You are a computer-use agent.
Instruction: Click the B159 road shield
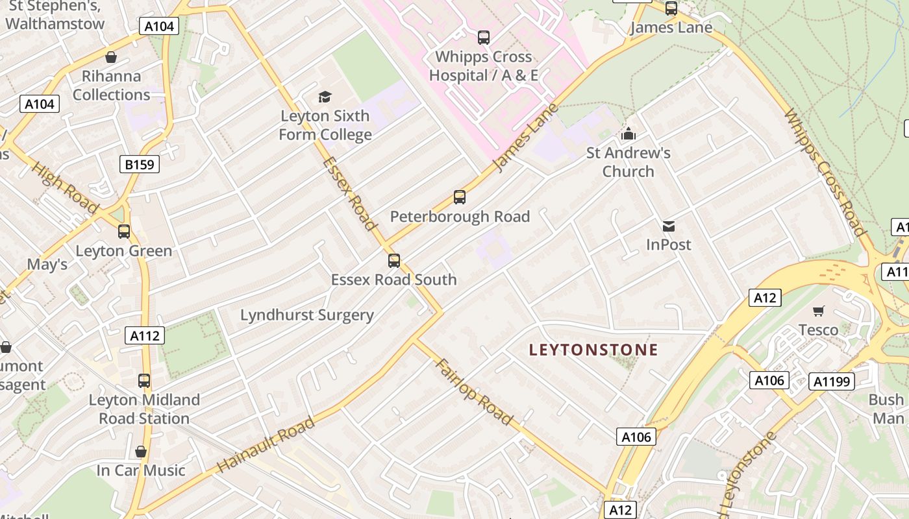pyautogui.click(x=140, y=164)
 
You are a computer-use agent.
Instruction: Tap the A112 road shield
pyautogui.click(x=144, y=335)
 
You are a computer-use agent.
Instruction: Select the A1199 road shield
pyautogui.click(x=832, y=381)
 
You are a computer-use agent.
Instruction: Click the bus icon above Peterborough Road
pyautogui.click(x=460, y=197)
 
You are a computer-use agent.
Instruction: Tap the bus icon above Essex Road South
pyautogui.click(x=394, y=261)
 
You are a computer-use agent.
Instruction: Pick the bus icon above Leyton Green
pyautogui.click(x=124, y=232)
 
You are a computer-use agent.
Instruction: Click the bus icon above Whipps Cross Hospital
pyautogui.click(x=484, y=38)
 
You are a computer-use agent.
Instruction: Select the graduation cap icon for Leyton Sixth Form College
pyautogui.click(x=325, y=97)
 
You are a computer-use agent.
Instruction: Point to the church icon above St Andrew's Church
pyautogui.click(x=628, y=134)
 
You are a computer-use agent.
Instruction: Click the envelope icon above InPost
pyautogui.click(x=669, y=226)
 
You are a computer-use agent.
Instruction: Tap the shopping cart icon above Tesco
pyautogui.click(x=819, y=311)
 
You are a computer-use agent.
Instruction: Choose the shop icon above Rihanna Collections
pyautogui.click(x=111, y=57)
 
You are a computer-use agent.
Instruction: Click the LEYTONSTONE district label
pyautogui.click(x=593, y=350)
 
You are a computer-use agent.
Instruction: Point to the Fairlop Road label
pyautogui.click(x=475, y=391)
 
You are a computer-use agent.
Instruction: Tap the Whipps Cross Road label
pyautogui.click(x=825, y=172)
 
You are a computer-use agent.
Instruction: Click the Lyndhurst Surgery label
pyautogui.click(x=307, y=315)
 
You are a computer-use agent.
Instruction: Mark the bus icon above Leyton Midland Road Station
pyautogui.click(x=144, y=381)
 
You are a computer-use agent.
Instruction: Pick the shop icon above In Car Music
pyautogui.click(x=141, y=452)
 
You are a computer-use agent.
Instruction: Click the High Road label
pyautogui.click(x=65, y=187)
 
